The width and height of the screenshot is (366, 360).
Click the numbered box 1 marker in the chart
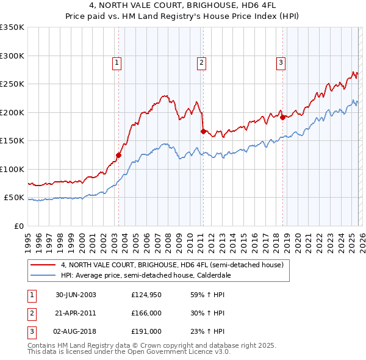pyautogui.click(x=117, y=61)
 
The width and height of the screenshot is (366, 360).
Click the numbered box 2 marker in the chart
pyautogui.click(x=201, y=61)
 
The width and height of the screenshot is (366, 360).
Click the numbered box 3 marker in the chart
pyautogui.click(x=281, y=61)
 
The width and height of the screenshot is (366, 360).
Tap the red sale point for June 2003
pyautogui.click(x=119, y=155)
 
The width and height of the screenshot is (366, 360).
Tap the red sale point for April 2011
pyautogui.click(x=203, y=131)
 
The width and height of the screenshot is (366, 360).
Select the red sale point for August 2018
pyautogui.click(x=282, y=117)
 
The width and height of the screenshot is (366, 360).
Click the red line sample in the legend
pyautogui.click(x=43, y=265)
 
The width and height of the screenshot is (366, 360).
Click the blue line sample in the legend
pyautogui.click(x=43, y=275)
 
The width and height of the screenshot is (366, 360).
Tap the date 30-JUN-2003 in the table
pyautogui.click(x=76, y=295)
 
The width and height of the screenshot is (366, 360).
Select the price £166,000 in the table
pyautogui.click(x=146, y=313)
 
